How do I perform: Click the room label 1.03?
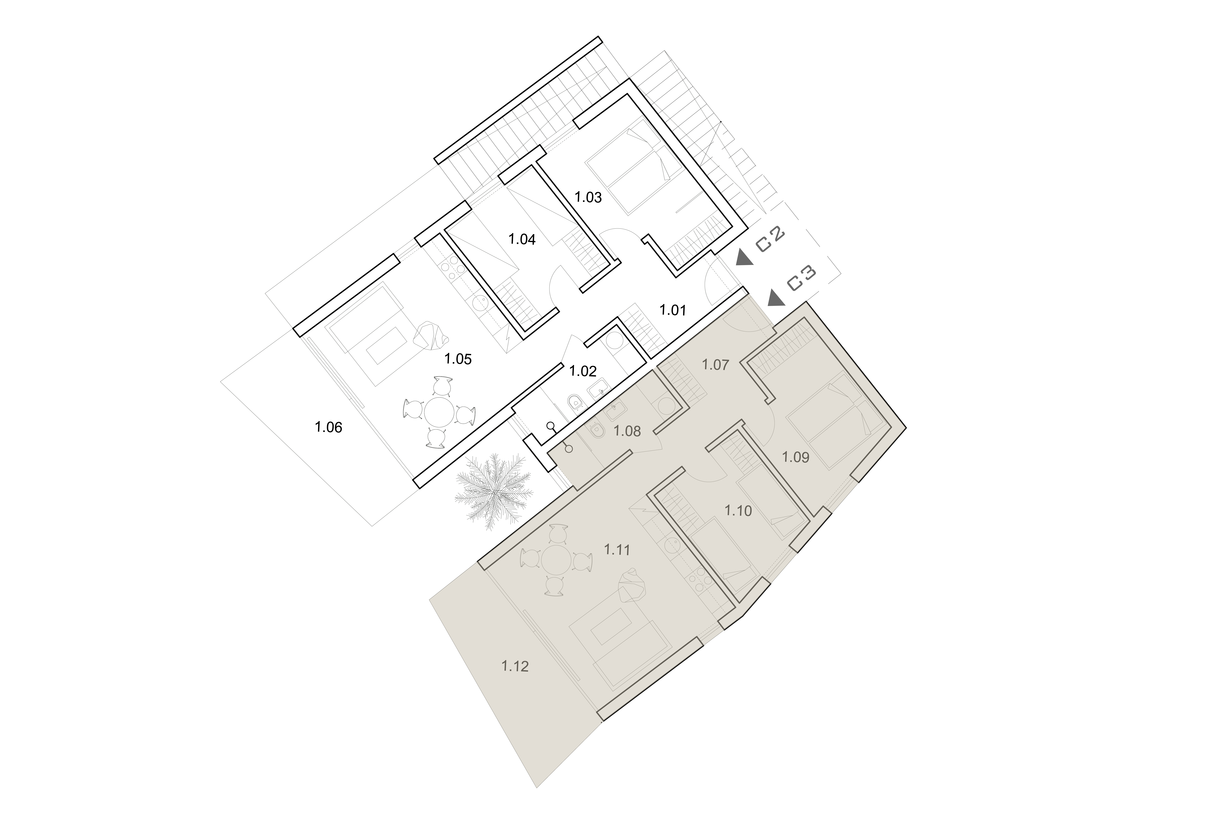pyautogui.click(x=588, y=197)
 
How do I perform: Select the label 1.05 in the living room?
pyautogui.click(x=458, y=359)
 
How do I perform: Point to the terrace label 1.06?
pyautogui.click(x=328, y=427)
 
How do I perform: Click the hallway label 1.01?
pyautogui.click(x=673, y=310)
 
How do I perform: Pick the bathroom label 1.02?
pyautogui.click(x=583, y=372)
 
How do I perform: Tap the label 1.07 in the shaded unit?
pyautogui.click(x=715, y=365)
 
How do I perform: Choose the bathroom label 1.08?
pyautogui.click(x=627, y=431)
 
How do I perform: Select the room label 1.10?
pyautogui.click(x=738, y=511)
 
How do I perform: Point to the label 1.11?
pyautogui.click(x=617, y=550)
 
